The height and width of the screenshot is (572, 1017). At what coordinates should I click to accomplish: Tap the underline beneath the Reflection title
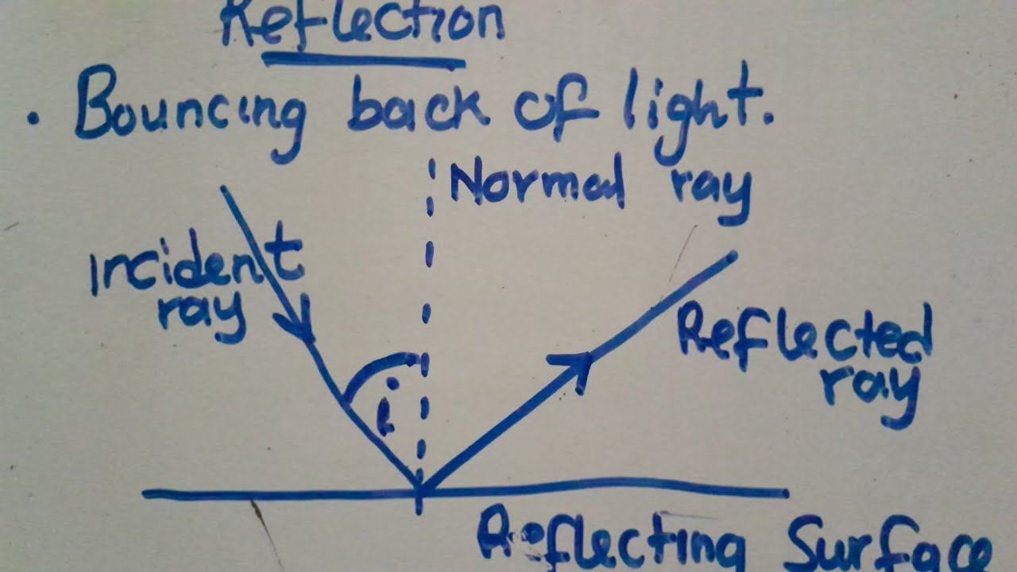[x=363, y=60]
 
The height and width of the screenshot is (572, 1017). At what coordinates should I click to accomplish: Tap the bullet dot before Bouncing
[x=33, y=119]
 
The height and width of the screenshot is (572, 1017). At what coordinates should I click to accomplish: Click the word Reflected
[x=804, y=335]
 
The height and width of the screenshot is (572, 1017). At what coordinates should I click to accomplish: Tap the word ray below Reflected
[x=870, y=391]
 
